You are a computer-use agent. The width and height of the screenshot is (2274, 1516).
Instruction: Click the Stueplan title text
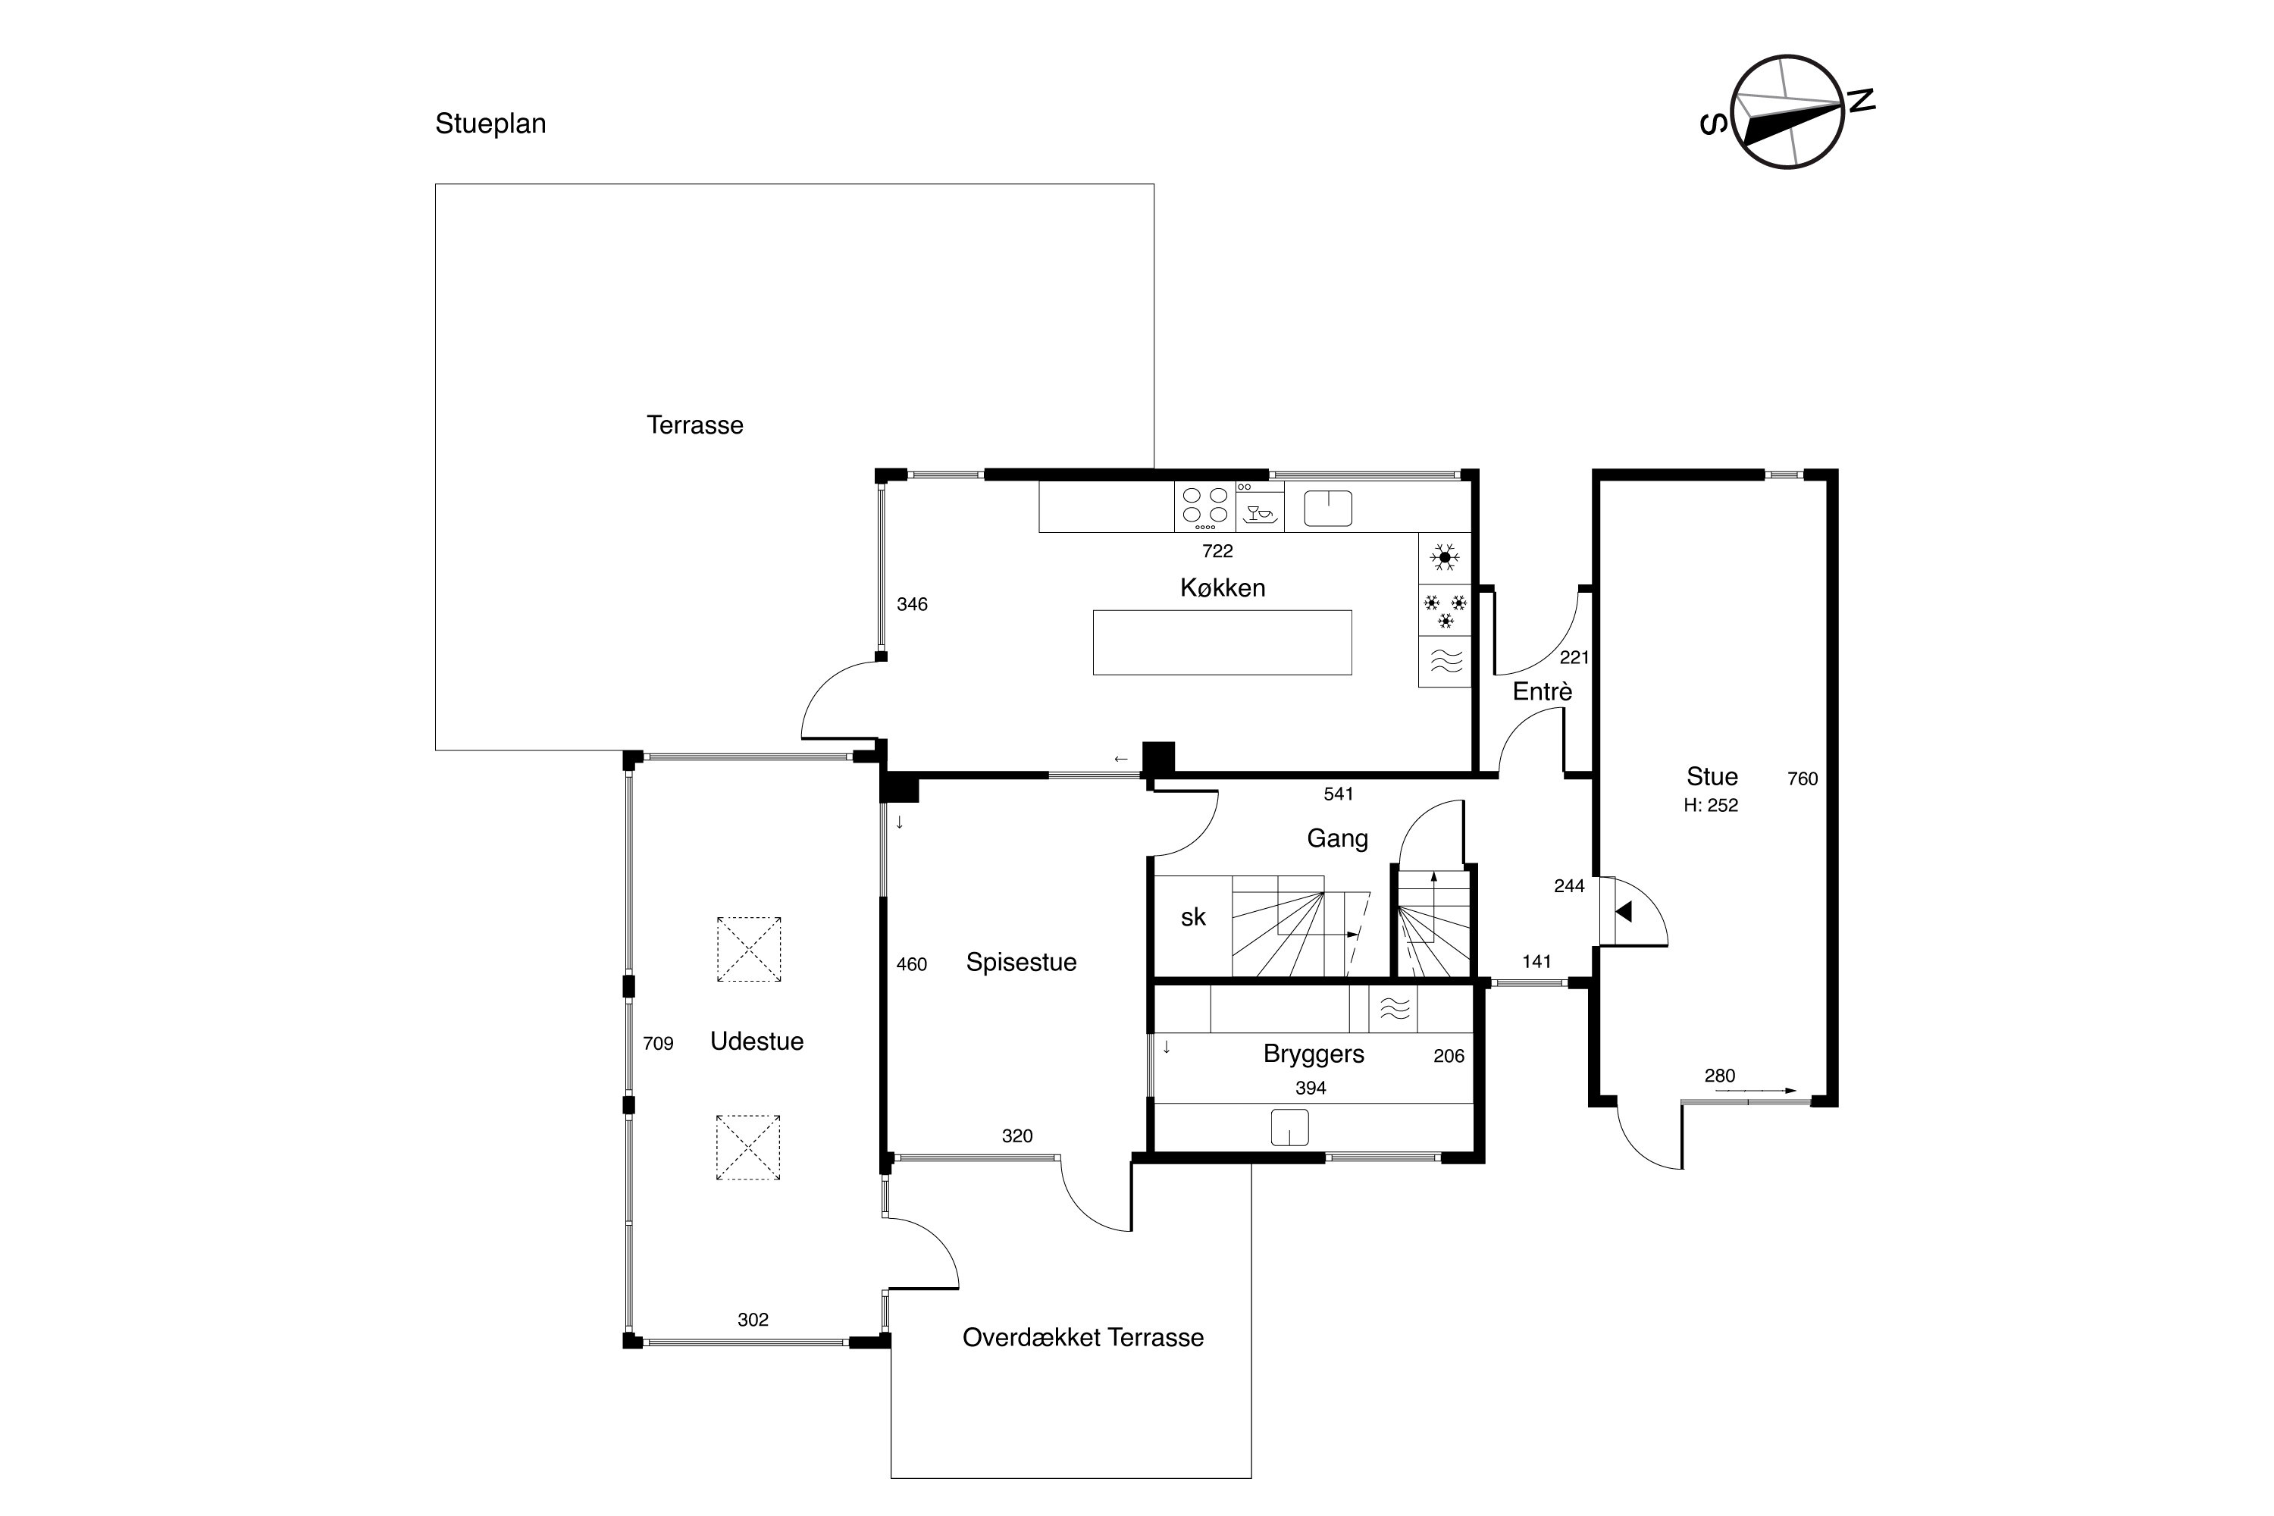[x=490, y=124]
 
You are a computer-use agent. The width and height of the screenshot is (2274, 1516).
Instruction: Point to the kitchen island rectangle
[x=1222, y=642]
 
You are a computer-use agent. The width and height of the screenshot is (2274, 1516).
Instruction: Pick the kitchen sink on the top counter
[x=1327, y=509]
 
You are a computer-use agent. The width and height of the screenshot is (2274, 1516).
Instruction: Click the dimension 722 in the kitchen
[x=1217, y=551]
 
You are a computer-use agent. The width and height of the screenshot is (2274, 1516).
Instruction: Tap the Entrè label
[x=1542, y=691]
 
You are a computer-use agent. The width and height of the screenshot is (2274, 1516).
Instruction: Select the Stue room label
[x=1712, y=776]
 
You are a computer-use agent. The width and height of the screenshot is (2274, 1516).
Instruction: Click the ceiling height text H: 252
[x=1710, y=805]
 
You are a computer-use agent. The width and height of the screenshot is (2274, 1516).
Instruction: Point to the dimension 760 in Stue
[x=1803, y=778]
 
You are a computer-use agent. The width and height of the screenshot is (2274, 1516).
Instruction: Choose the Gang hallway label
[x=1337, y=838]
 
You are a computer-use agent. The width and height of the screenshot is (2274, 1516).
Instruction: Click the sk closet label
[x=1193, y=917]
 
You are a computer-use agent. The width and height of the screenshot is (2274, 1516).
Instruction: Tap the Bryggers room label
[x=1313, y=1054]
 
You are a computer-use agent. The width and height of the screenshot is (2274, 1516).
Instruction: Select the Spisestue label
[x=1021, y=962]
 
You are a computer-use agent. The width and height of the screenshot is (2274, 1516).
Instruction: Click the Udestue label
[x=757, y=1041]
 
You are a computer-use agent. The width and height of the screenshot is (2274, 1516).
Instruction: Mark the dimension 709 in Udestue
[x=657, y=1043]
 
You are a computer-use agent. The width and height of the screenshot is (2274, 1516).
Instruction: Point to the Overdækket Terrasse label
[x=1083, y=1337]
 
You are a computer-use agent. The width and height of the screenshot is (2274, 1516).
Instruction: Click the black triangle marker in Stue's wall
[x=1624, y=911]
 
